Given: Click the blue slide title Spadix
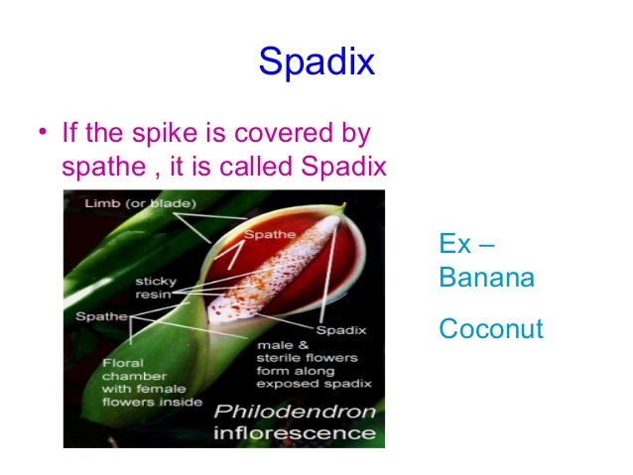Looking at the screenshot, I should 316,62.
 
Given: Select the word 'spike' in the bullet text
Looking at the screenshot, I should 157,132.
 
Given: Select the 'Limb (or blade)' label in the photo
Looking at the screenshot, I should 126,203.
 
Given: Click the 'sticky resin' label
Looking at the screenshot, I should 156,288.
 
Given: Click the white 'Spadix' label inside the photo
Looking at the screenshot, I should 340,328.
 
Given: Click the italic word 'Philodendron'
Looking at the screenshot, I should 297,412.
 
